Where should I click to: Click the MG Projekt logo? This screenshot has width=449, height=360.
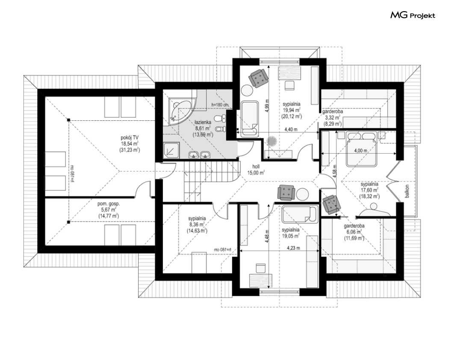point(413,15)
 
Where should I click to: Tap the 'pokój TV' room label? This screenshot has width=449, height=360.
point(130,137)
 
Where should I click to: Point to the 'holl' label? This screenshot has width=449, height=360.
point(256,166)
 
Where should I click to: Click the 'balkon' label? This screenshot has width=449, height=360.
point(407,191)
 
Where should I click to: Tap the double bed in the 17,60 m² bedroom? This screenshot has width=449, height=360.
point(361,149)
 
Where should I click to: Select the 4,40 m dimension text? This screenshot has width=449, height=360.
point(291,129)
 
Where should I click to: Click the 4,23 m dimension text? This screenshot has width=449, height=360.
point(293,248)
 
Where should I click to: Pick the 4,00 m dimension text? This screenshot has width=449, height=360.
point(360,151)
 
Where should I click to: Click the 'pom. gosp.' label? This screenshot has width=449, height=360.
point(109,204)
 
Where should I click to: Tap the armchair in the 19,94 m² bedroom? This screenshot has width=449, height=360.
point(259,77)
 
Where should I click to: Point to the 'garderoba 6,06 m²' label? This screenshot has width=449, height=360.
point(354,231)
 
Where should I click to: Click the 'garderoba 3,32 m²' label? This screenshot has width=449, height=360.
point(332,117)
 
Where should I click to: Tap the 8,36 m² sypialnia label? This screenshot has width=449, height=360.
point(197,224)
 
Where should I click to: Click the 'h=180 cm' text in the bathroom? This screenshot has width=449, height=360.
point(220,104)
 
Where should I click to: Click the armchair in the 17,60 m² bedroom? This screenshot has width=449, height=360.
point(331,204)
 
